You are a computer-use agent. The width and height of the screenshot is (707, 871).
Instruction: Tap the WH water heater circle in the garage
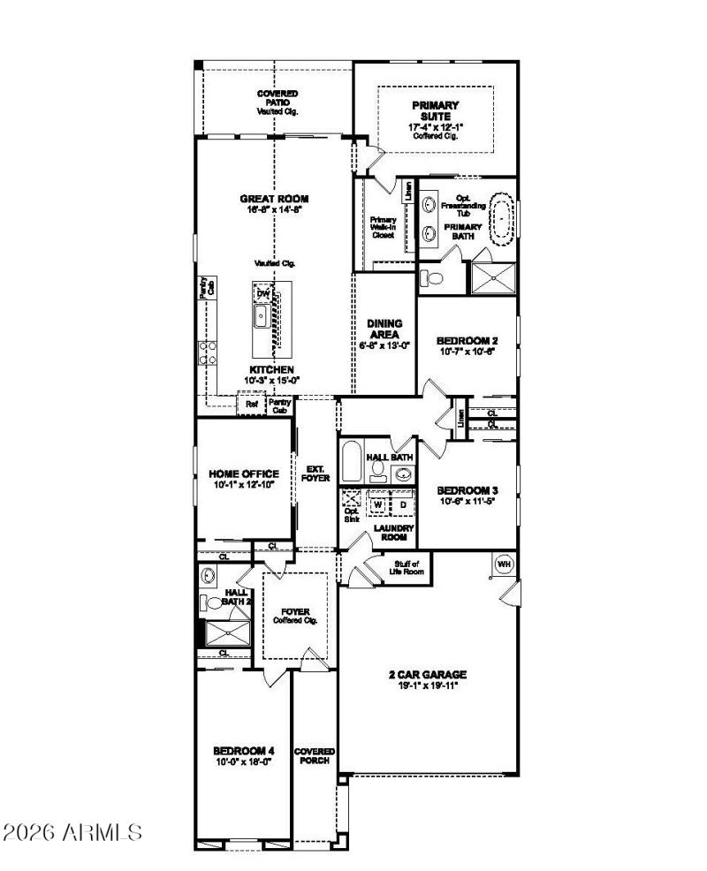click(x=504, y=563)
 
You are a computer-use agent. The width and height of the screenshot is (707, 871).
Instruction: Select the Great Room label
click(x=274, y=199)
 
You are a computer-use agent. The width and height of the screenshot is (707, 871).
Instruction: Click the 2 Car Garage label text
click(x=427, y=674)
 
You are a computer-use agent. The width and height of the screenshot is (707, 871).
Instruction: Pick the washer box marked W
click(x=377, y=504)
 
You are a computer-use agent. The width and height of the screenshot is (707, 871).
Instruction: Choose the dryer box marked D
click(x=402, y=504)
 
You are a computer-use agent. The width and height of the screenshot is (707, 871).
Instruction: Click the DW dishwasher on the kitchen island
click(x=263, y=293)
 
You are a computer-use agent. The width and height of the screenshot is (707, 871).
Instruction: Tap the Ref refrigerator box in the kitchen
click(x=252, y=405)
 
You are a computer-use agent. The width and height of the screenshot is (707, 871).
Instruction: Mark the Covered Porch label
click(x=314, y=756)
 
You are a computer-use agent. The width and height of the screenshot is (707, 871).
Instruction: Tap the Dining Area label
click(x=384, y=329)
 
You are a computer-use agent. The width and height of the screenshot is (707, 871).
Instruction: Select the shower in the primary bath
click(x=491, y=277)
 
